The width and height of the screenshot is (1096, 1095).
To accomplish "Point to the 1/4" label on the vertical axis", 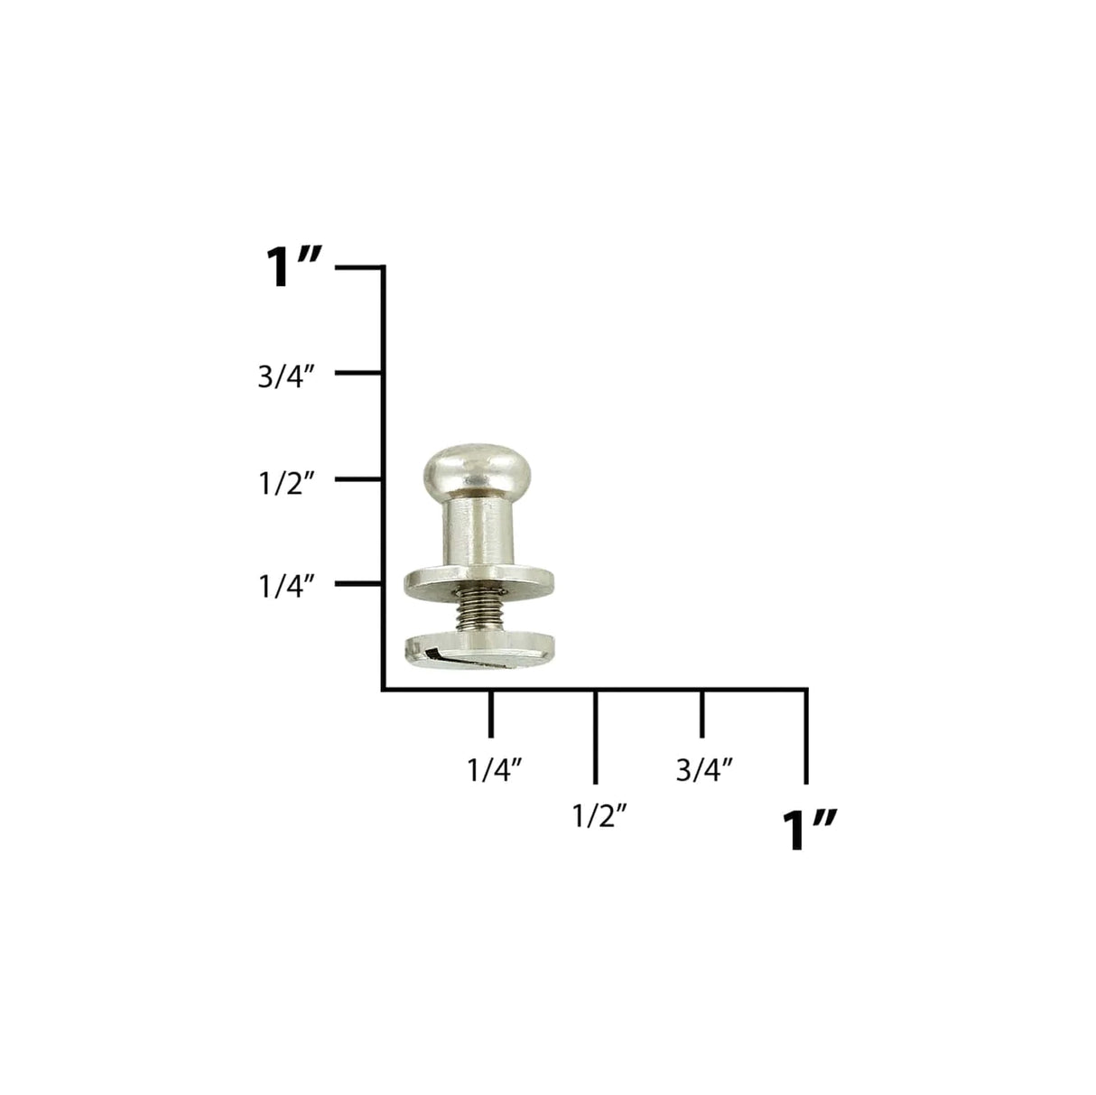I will [x=286, y=587].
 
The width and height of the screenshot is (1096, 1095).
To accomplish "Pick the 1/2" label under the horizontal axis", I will [x=599, y=816].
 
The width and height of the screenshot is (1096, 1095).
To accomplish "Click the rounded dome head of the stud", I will [x=468, y=469].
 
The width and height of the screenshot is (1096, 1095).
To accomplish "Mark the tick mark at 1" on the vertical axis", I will [x=359, y=268].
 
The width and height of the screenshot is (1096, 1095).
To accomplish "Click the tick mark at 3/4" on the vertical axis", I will [x=359, y=373].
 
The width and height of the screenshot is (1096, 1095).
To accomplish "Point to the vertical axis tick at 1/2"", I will [x=359, y=479].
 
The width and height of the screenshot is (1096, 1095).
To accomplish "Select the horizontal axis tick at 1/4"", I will [x=490, y=713].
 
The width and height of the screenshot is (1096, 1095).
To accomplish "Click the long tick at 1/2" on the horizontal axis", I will [x=595, y=736].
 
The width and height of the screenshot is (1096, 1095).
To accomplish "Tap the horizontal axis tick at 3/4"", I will [x=701, y=713].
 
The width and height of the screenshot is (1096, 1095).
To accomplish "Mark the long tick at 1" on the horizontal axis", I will [x=805, y=736].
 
